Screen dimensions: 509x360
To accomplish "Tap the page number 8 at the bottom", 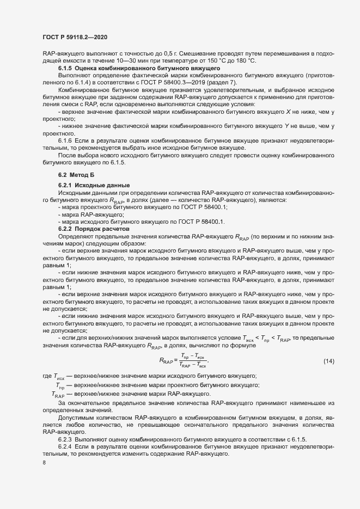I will pos(44,463).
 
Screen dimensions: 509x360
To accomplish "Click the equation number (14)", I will pos(328,361).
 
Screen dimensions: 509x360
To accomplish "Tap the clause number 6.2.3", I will pos(66,438).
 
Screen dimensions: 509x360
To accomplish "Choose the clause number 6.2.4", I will pos(66,445).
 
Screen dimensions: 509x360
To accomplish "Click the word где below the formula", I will pos(47,376).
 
